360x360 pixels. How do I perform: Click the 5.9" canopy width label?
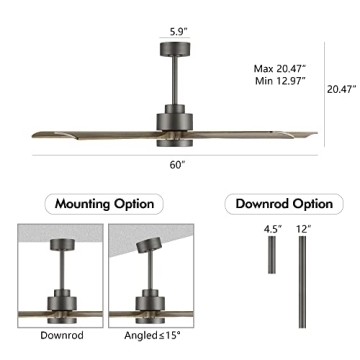(177, 30)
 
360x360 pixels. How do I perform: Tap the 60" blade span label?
(177, 164)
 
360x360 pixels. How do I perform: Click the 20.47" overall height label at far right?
(341, 88)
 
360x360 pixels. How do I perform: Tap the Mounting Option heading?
(104, 204)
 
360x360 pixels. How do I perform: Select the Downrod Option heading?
(283, 204)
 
